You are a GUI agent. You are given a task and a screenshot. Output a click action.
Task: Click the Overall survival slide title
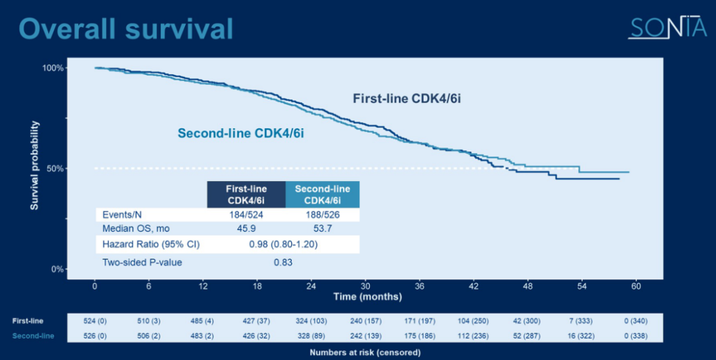pos(126,29)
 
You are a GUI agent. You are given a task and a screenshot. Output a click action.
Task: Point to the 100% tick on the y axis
pos(52,68)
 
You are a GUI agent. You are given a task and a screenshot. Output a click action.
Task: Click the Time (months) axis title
pos(367,296)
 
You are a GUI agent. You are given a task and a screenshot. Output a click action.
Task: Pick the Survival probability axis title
pos(34,166)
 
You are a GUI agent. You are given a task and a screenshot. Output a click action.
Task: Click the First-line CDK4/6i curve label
pos(406,99)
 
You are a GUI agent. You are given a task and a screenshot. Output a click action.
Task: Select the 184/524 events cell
pos(246,215)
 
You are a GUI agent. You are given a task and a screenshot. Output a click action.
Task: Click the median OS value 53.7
pos(322,228)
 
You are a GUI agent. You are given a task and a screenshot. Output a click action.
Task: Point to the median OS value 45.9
pos(246,228)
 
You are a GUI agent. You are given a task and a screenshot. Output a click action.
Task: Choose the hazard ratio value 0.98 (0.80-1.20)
pos(283,244)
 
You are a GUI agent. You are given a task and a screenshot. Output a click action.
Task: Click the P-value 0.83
pos(283,262)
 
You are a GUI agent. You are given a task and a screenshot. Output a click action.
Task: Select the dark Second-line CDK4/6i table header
pos(322,194)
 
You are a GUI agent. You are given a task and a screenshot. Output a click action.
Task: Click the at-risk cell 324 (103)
pos(310,321)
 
